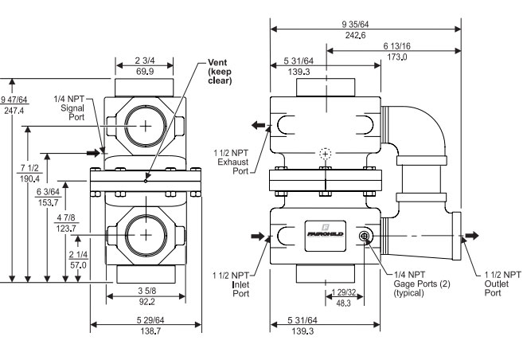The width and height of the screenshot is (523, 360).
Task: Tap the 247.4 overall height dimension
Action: pos(14,112)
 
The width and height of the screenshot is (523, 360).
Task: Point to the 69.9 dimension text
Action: pos(144,71)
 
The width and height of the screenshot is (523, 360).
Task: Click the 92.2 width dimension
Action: pos(146,302)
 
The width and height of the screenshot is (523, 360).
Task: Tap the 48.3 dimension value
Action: pos(343,303)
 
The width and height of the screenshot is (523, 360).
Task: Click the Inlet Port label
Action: pos(240,284)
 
